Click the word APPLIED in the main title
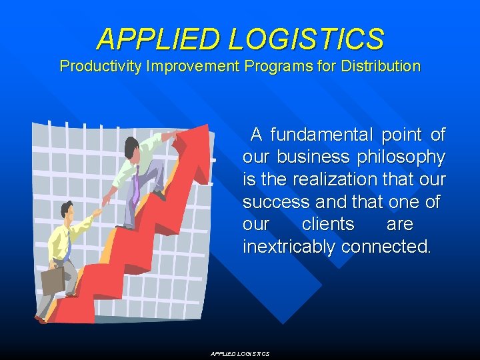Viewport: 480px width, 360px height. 159,39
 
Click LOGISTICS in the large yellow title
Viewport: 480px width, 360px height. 306,39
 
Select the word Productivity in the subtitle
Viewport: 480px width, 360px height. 102,67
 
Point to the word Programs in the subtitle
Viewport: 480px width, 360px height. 277,67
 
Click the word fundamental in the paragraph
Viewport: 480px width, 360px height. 321,135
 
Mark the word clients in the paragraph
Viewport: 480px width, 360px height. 328,224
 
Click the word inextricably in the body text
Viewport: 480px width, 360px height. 289,247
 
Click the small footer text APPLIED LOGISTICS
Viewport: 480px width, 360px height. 240,354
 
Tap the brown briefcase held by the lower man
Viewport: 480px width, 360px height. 53,281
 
